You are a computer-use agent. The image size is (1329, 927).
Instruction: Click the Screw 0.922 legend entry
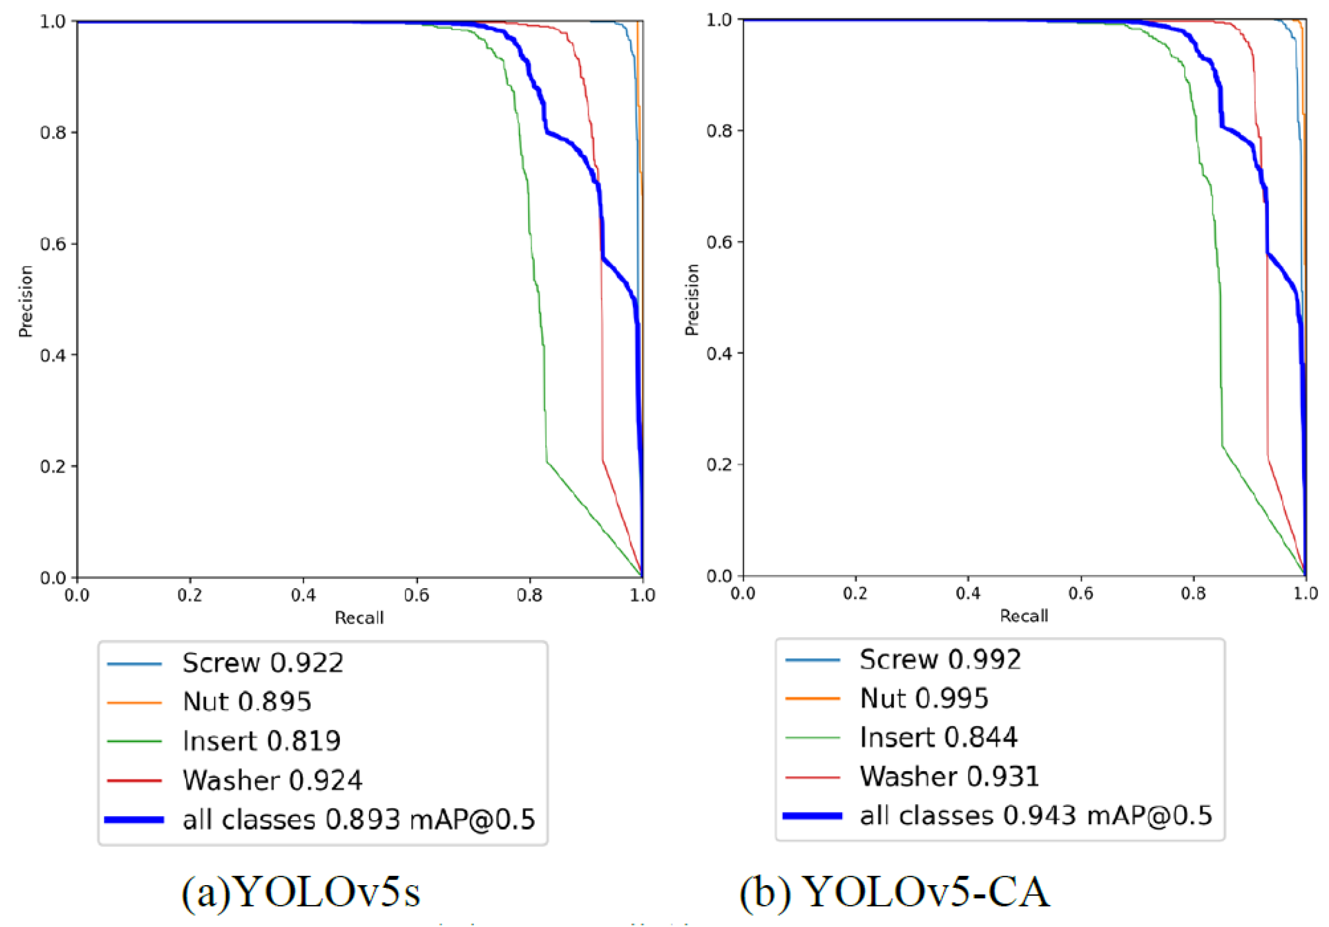pos(263,663)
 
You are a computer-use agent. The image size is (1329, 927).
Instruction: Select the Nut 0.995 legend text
pos(924,698)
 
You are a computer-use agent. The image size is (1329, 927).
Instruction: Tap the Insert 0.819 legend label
pos(261,741)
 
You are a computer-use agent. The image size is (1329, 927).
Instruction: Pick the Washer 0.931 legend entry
pos(950,777)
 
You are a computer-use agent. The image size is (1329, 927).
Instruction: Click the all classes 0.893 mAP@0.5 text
pos(359,819)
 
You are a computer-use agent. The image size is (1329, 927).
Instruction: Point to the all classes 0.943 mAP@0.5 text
pos(1036,816)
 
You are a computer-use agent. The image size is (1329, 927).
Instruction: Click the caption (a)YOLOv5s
pos(301,892)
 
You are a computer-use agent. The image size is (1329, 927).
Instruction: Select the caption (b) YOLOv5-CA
pos(894,892)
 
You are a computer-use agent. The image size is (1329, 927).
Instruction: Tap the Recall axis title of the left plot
pos(359,618)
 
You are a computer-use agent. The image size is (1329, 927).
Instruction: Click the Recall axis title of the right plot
pos(1024,616)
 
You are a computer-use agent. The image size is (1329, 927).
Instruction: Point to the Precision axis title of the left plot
pos(25,301)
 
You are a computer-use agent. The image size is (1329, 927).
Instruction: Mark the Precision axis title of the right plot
pos(692,299)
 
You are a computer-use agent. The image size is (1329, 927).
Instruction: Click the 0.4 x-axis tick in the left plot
pos(303,595)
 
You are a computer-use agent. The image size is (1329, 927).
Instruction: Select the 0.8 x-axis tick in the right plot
pos(1193,593)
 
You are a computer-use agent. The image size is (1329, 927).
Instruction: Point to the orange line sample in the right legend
pos(812,699)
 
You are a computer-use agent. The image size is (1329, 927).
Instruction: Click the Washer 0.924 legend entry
pos(272,780)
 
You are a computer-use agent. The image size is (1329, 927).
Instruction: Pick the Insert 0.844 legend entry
pos(938,738)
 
